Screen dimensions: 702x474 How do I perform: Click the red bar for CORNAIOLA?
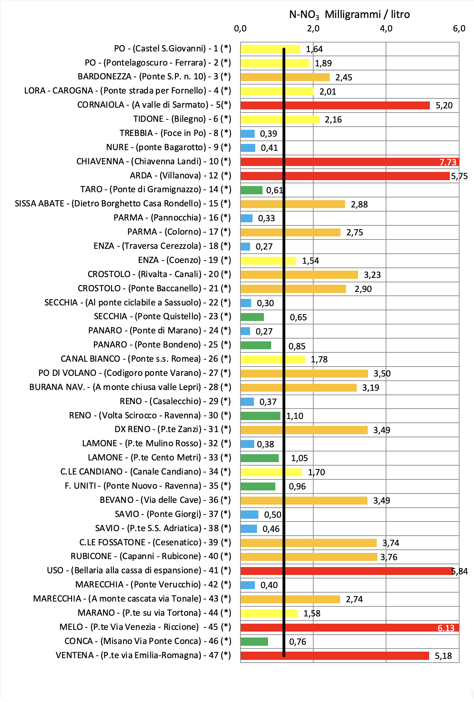335,105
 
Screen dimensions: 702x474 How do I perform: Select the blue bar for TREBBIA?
247,134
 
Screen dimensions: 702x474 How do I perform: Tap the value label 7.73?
447,162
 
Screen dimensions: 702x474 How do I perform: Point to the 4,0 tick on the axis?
386,29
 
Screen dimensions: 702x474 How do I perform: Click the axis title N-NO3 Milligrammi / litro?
349,14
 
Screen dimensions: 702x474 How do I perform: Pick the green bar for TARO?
251,190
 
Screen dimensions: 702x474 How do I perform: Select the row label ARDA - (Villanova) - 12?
180,176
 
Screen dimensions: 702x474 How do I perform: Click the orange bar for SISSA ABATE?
293,204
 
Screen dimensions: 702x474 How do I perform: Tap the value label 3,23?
372,275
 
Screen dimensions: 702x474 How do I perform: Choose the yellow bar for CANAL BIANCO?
273,359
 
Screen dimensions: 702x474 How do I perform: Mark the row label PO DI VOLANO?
135,373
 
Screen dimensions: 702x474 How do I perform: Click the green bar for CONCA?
254,642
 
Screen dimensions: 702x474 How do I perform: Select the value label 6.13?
446,628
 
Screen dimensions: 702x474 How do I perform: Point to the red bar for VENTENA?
335,656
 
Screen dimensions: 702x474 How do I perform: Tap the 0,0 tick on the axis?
240,29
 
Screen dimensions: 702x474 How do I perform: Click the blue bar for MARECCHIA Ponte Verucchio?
247,585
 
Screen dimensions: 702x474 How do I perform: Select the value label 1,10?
295,416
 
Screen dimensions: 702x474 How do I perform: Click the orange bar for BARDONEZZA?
285,77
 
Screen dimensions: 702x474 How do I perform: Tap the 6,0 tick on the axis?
459,29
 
